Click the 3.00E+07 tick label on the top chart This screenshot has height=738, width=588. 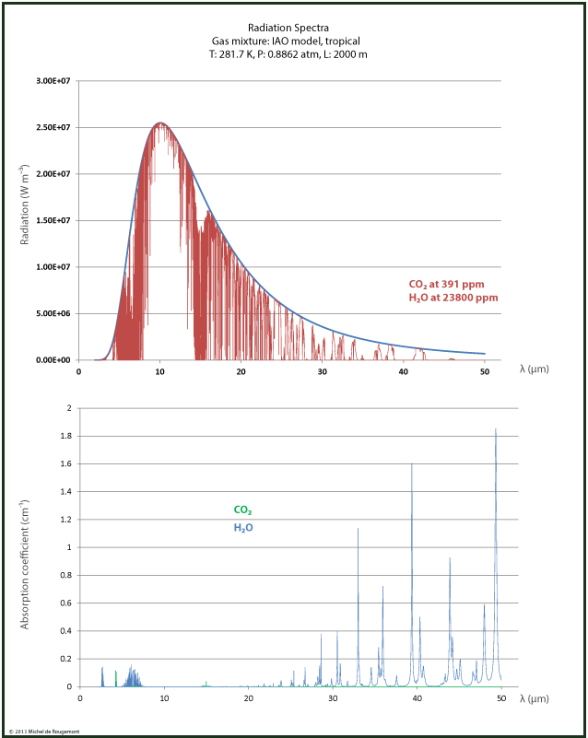point(55,81)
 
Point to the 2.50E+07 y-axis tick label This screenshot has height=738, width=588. point(55,127)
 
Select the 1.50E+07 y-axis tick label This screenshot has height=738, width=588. point(55,220)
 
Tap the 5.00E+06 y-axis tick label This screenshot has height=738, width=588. point(55,313)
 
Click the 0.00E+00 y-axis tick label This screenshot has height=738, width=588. point(55,359)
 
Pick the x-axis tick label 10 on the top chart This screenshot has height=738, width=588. point(160,372)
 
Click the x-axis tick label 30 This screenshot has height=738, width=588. point(323,372)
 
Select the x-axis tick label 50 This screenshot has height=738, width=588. point(485,372)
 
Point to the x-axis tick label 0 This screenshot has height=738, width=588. point(79,372)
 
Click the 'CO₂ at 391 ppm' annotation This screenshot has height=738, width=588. point(446,284)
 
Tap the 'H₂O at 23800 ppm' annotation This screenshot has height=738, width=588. point(453,298)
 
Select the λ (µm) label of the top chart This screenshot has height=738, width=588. point(534,369)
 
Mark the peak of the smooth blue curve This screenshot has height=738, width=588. point(160,123)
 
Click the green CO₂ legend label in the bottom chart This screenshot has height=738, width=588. point(242,510)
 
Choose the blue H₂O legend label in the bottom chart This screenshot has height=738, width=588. point(242,528)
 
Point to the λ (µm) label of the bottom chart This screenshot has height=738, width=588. point(534,698)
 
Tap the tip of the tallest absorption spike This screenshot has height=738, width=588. point(496,428)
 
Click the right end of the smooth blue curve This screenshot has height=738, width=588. point(485,353)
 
